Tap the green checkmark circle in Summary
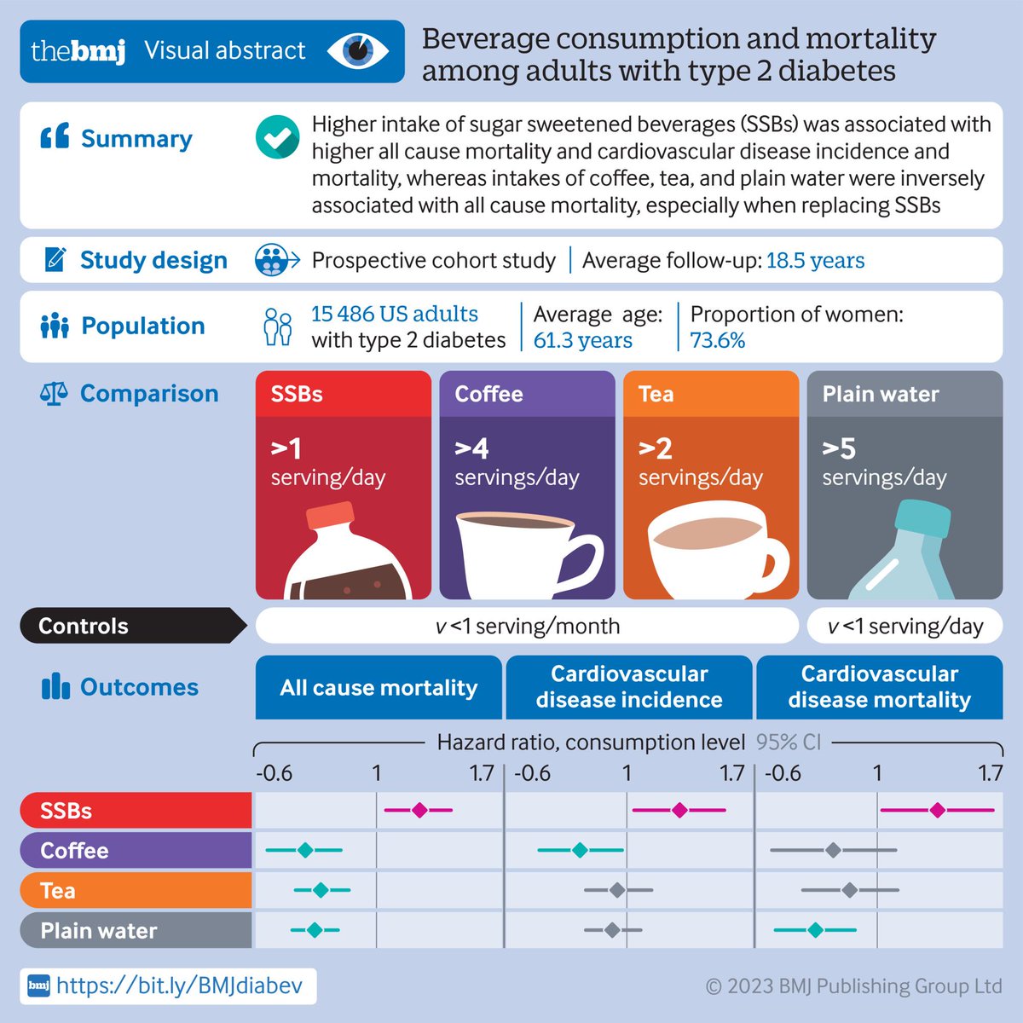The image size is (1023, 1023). (x=277, y=137)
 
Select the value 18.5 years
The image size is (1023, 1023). (x=815, y=260)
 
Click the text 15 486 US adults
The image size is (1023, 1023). (x=394, y=314)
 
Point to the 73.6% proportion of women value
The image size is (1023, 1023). (x=717, y=340)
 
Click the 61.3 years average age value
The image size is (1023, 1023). (x=582, y=340)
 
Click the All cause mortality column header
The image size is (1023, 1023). (x=379, y=687)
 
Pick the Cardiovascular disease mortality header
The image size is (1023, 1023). (x=879, y=687)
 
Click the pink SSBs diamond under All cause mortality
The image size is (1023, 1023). (x=419, y=810)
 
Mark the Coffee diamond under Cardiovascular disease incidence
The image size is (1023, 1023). (x=580, y=850)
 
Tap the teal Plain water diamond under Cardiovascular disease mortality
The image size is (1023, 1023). (x=815, y=930)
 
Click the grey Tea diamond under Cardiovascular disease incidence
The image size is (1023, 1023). (x=616, y=890)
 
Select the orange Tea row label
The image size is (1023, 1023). (x=135, y=890)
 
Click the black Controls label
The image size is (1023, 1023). (x=128, y=626)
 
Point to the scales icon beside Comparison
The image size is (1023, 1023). (x=54, y=394)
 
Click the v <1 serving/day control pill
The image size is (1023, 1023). (x=905, y=626)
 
